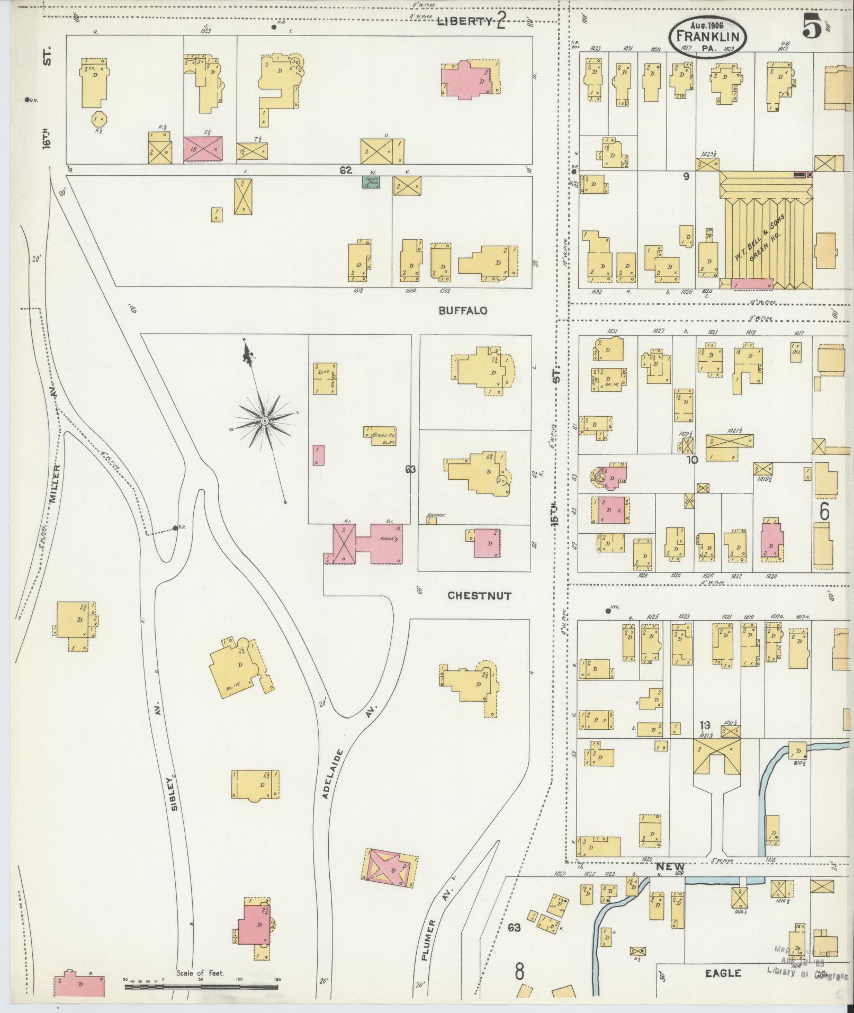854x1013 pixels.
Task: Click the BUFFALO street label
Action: click(x=462, y=311)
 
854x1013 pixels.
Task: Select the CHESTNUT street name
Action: click(x=479, y=596)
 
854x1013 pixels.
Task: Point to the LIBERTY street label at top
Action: click(x=465, y=21)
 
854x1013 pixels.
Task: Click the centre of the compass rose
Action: click(x=263, y=420)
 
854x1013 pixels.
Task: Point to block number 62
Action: click(x=346, y=171)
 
